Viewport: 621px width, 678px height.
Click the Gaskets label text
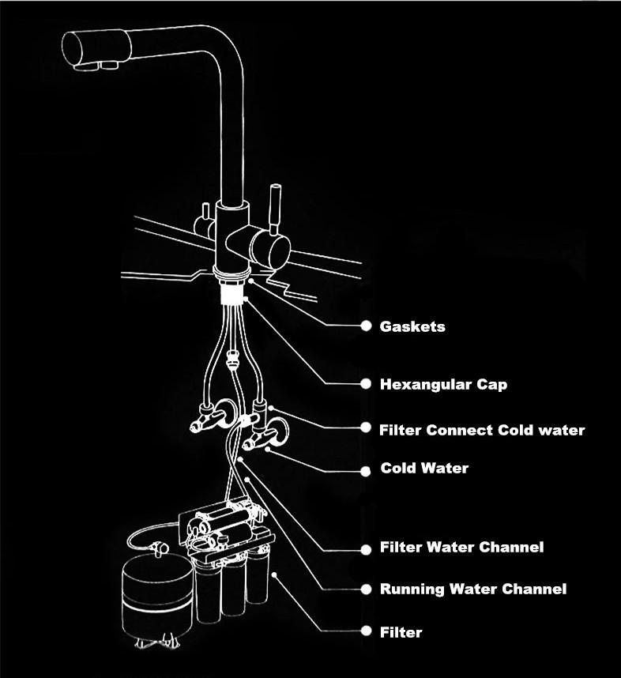coord(412,326)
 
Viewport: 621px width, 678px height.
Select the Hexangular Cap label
coord(443,384)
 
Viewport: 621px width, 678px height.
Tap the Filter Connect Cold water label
coord(482,430)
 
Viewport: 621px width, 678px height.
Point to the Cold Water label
coord(424,468)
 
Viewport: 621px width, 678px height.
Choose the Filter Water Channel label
coord(461,547)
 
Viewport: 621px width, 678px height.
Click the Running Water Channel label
coord(473,589)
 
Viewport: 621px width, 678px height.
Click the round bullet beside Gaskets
coord(366,326)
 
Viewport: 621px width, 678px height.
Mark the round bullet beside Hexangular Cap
coord(366,383)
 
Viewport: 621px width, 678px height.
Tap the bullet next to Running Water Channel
coord(366,589)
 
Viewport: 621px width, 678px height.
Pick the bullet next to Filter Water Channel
coord(366,549)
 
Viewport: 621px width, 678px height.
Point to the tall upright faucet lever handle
coord(275,209)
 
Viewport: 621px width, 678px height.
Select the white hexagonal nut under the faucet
coord(232,293)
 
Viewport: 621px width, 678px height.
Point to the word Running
coord(412,589)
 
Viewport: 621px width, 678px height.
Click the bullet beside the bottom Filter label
coord(366,631)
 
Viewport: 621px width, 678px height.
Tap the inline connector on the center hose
coord(232,360)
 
